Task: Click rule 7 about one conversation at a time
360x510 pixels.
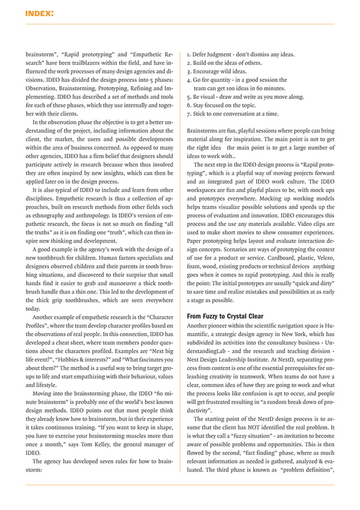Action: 232,114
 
